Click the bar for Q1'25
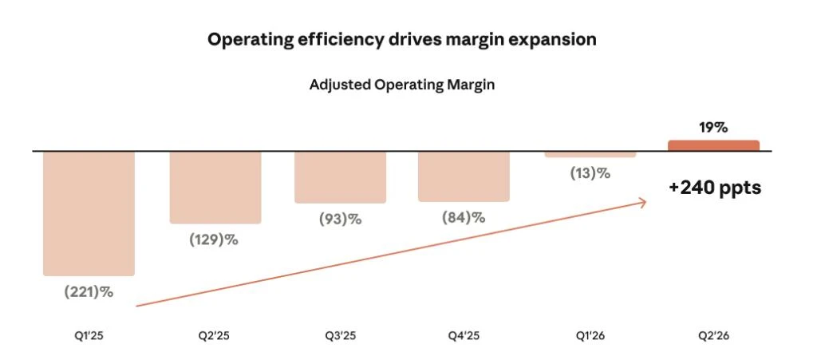point(89,213)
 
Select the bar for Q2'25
point(215,188)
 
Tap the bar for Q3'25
point(340,177)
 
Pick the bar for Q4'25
point(464,176)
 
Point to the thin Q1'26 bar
point(590,154)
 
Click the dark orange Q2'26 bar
point(713,146)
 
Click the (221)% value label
point(89,292)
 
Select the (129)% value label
point(214,240)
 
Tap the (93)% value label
point(340,219)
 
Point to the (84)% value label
point(464,217)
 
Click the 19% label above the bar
point(713,128)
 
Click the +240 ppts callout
point(715,188)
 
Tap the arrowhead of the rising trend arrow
point(645,202)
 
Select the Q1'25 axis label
point(89,335)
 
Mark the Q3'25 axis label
point(340,335)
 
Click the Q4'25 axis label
point(464,335)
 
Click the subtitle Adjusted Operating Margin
point(402,85)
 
